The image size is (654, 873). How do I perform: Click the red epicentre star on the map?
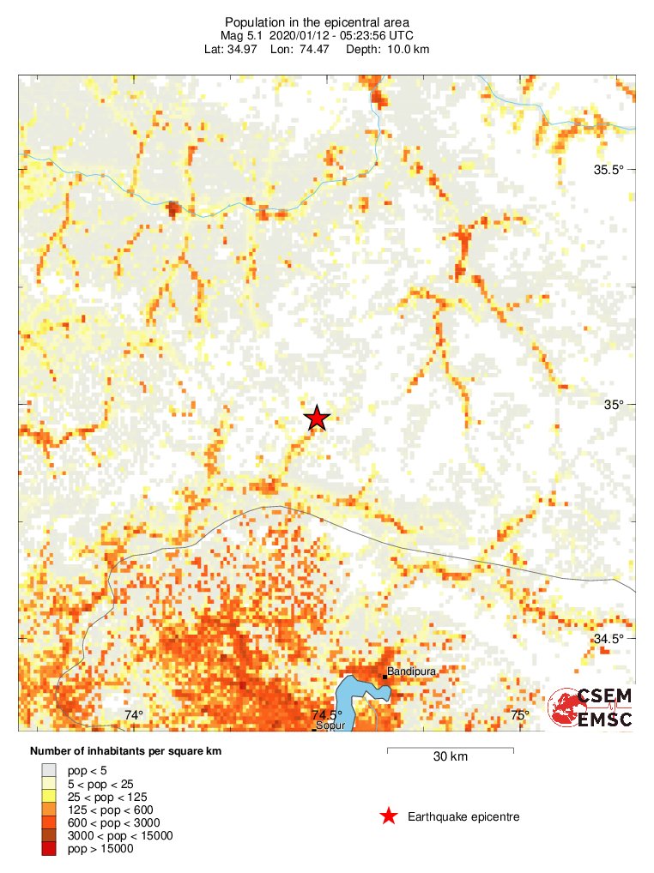[x=317, y=418]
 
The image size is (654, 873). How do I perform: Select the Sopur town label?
[x=330, y=725]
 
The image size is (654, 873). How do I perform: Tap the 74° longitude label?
[x=133, y=715]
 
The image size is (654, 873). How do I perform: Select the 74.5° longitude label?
[x=327, y=715]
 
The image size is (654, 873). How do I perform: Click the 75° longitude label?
[x=520, y=715]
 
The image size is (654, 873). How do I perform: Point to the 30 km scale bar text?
[x=450, y=756]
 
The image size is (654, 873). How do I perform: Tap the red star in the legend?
[x=389, y=816]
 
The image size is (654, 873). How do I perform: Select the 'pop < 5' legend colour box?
[x=50, y=770]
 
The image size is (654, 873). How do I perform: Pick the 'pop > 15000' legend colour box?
[x=50, y=849]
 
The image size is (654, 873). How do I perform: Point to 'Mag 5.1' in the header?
[x=242, y=36]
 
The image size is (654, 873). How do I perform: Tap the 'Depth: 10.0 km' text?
[x=387, y=50]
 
